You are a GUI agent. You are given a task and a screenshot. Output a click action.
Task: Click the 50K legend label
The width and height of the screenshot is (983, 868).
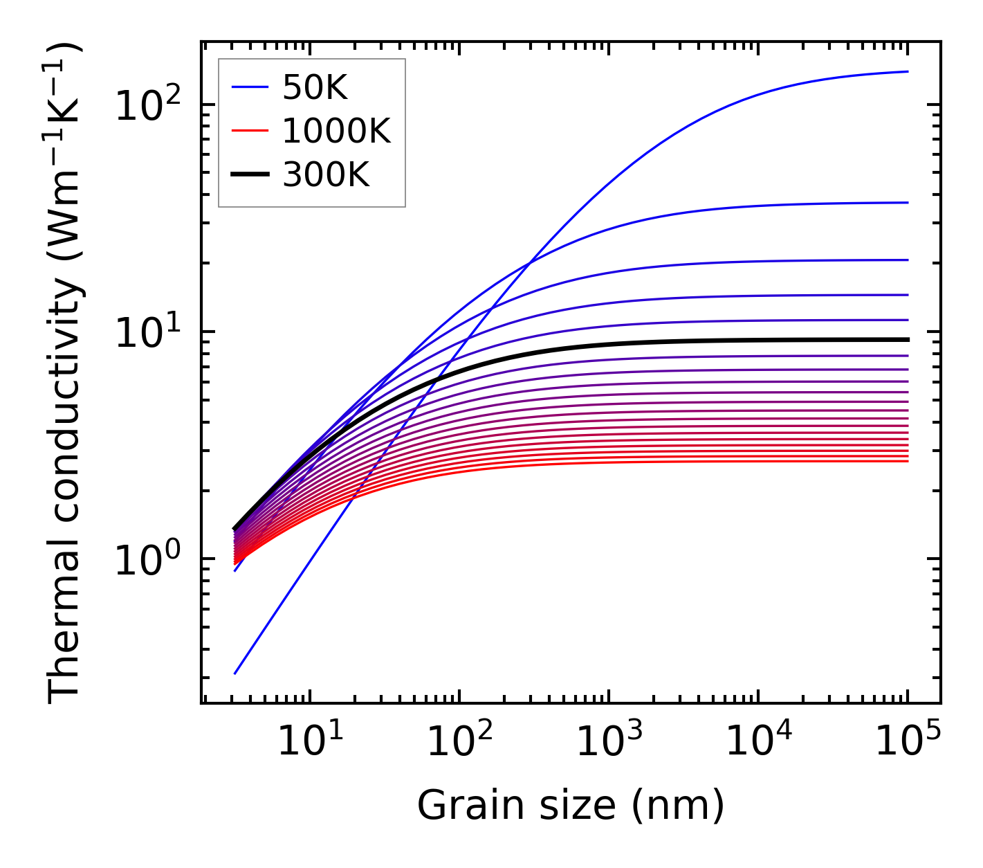tap(315, 88)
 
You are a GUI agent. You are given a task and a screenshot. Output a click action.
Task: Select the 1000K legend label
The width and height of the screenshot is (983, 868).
tap(336, 132)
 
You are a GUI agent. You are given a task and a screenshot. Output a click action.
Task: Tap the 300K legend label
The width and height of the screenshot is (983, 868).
tap(326, 175)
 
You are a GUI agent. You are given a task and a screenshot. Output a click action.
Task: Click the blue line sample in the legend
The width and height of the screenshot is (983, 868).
tap(250, 87)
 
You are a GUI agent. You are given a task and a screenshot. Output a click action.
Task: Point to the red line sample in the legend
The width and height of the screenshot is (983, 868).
tap(250, 131)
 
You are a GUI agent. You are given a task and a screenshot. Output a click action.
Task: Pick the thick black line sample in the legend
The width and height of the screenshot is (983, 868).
tap(250, 175)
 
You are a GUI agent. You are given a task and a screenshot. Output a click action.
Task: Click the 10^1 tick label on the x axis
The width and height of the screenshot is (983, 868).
tap(310, 741)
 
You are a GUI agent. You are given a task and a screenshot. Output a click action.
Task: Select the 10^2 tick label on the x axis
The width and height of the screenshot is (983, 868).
tap(459, 741)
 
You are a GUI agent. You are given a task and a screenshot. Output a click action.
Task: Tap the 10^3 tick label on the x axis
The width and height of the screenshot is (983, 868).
tap(609, 741)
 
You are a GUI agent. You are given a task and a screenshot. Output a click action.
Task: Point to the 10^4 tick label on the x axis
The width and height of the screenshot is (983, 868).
tap(758, 741)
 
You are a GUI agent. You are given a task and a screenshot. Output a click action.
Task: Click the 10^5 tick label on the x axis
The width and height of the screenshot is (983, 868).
tap(908, 741)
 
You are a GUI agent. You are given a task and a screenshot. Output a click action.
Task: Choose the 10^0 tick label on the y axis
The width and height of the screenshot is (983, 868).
tap(147, 559)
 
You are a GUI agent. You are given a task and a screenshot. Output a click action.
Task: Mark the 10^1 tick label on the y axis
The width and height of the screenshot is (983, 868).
tap(147, 332)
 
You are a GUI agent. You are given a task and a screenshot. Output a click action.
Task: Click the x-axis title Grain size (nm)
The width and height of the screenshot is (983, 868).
tap(571, 805)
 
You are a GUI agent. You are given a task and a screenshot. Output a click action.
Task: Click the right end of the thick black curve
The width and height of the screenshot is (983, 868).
tap(908, 339)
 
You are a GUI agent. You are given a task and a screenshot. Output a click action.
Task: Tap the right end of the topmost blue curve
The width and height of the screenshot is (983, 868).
tap(908, 71)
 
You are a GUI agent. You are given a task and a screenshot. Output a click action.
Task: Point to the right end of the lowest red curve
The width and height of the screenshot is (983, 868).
tap(908, 461)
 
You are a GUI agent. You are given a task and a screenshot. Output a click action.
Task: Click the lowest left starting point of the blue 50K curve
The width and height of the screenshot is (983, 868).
tap(235, 673)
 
